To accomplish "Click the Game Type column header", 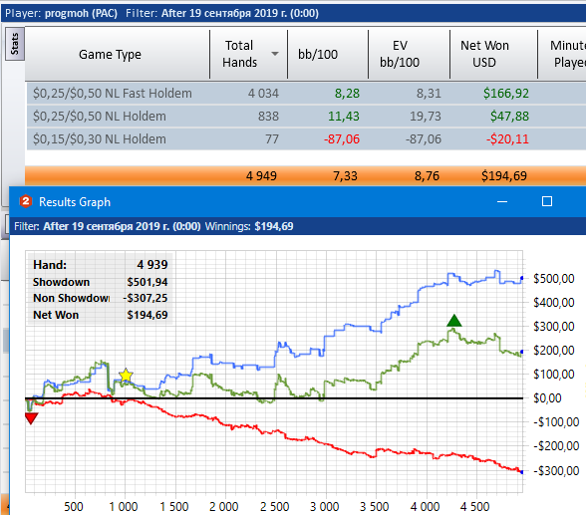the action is [x=110, y=55].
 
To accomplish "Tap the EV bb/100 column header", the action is [x=400, y=54].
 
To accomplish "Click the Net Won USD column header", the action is [x=484, y=54].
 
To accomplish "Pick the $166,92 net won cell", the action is [x=506, y=94].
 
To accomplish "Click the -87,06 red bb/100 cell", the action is [x=342, y=139].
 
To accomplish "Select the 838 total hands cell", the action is [x=268, y=117].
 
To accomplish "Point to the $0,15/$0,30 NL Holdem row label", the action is [x=100, y=139].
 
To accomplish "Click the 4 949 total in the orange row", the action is [x=261, y=176].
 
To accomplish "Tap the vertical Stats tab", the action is [x=15, y=44].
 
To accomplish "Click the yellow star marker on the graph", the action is [x=126, y=376].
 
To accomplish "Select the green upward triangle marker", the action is [x=454, y=321].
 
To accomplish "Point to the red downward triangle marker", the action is [x=32, y=418].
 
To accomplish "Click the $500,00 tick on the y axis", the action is [x=553, y=279].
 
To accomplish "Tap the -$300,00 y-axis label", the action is [x=556, y=471].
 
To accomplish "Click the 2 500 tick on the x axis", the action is [x=274, y=507].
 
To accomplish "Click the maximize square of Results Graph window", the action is [x=547, y=201].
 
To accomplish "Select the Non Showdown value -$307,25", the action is [x=146, y=298].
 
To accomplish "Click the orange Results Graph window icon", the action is [x=26, y=201].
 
